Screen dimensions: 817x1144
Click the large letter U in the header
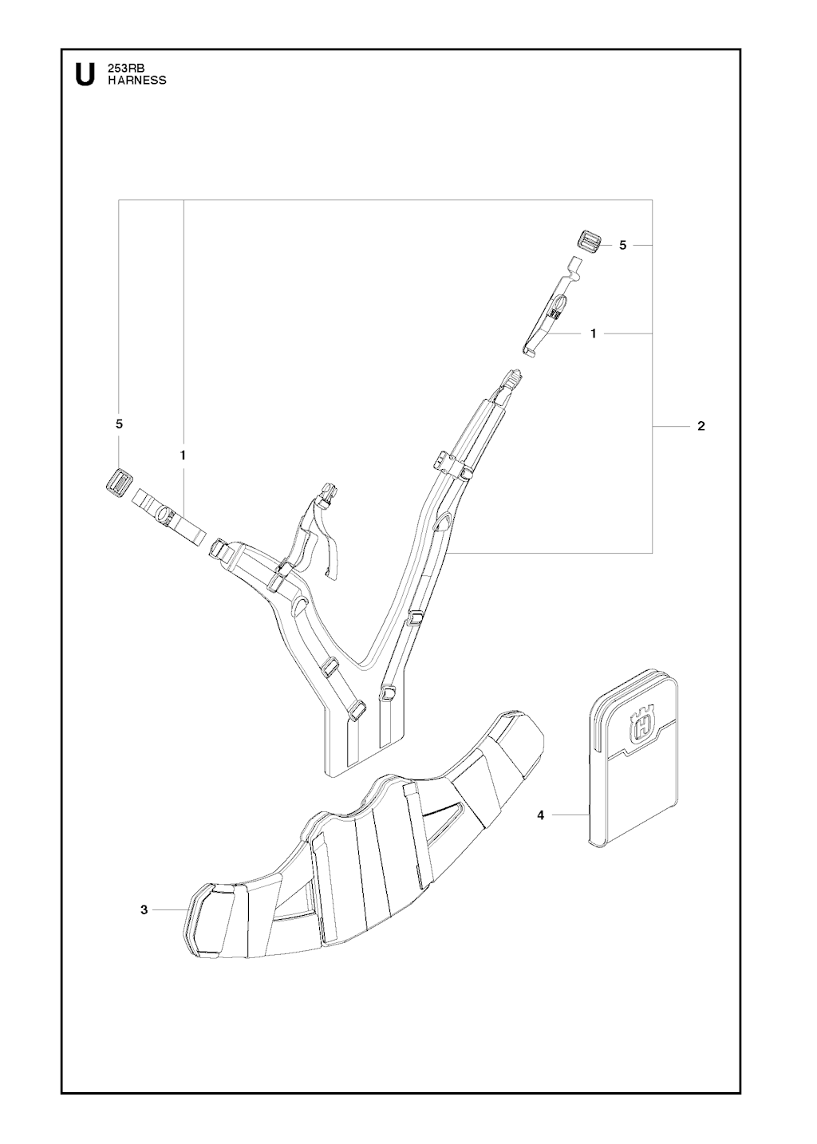[85, 75]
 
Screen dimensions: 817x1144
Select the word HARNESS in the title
[136, 81]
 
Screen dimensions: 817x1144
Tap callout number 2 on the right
[701, 426]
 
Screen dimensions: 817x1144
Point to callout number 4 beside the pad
[541, 815]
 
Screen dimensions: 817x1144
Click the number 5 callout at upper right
[622, 245]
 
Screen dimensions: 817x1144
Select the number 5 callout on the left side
[119, 424]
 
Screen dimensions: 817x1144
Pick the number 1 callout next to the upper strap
[593, 333]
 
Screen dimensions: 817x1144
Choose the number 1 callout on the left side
[182, 455]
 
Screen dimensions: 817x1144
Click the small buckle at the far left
[119, 482]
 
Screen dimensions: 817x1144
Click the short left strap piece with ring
[169, 518]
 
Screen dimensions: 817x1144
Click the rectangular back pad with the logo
[634, 760]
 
